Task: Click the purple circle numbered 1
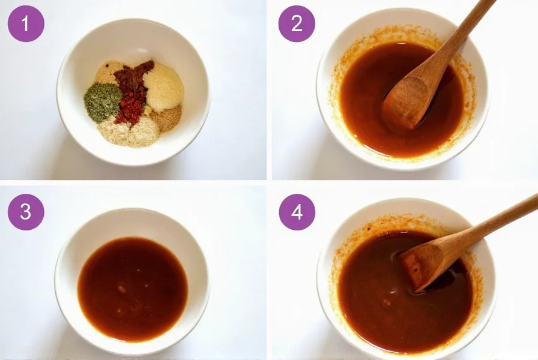tap(26, 23)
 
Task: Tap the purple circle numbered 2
tap(297, 23)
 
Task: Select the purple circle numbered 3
tap(26, 212)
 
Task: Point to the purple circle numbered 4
tap(297, 212)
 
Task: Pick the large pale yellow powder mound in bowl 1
tap(163, 86)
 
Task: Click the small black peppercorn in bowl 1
tap(107, 65)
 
